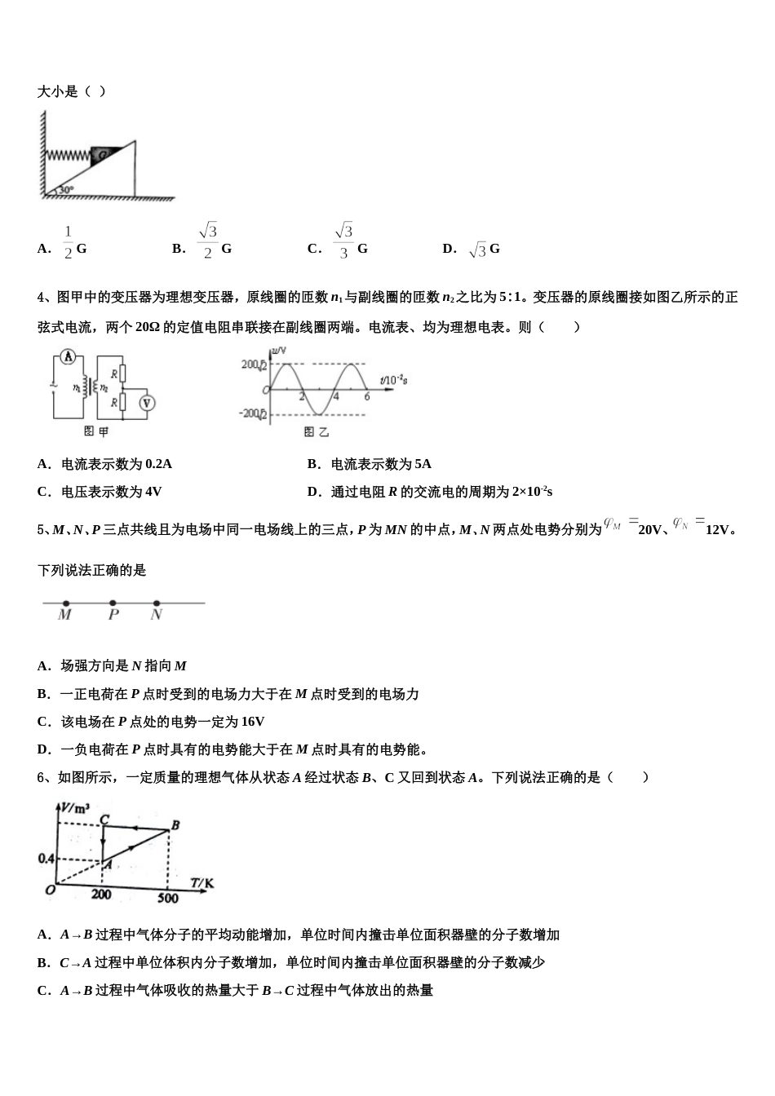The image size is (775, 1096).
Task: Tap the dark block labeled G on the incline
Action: pos(104,154)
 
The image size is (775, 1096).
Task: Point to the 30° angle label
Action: pos(65,190)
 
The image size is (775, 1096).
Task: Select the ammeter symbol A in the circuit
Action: pos(69,357)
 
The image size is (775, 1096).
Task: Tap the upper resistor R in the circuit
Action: pos(119,374)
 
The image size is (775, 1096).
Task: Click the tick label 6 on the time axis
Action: pos(367,396)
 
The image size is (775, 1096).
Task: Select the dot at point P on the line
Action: pos(113,603)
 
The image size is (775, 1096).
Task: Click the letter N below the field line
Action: pos(156,616)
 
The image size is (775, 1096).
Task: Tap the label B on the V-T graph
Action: pos(175,824)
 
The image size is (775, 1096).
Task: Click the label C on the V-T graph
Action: pos(104,820)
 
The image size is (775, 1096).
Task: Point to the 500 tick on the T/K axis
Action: pos(167,898)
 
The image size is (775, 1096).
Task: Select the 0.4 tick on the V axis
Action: pos(46,859)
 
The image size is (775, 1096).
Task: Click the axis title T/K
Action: pos(202,882)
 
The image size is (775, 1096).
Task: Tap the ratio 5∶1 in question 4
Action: pos(511,298)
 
